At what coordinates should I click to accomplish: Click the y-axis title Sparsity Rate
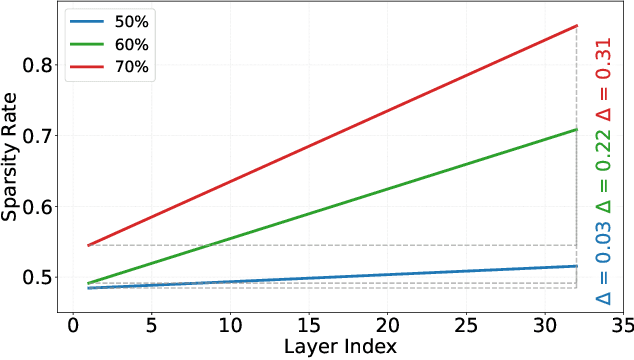tap(13, 164)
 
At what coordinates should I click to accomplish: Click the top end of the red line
tap(577, 26)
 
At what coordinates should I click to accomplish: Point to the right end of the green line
tap(577, 129)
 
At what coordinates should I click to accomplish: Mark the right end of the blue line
tap(577, 266)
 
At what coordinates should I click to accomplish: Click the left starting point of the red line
tap(89, 245)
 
